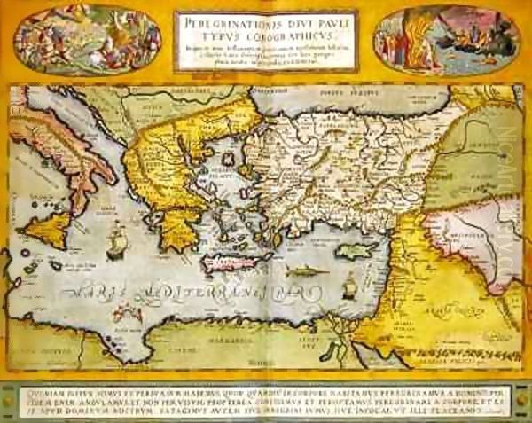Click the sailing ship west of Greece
pos(117,240)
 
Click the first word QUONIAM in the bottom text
pos(39,372)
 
